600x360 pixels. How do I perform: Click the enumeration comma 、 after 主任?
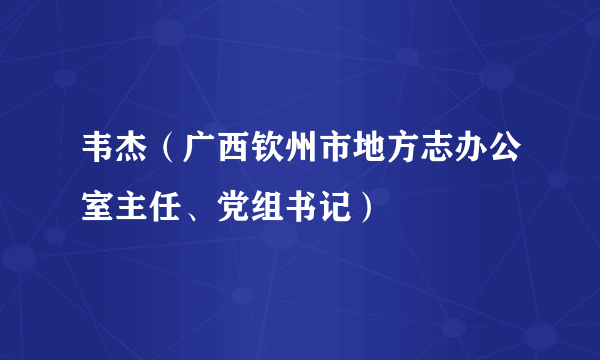click(x=192, y=212)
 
